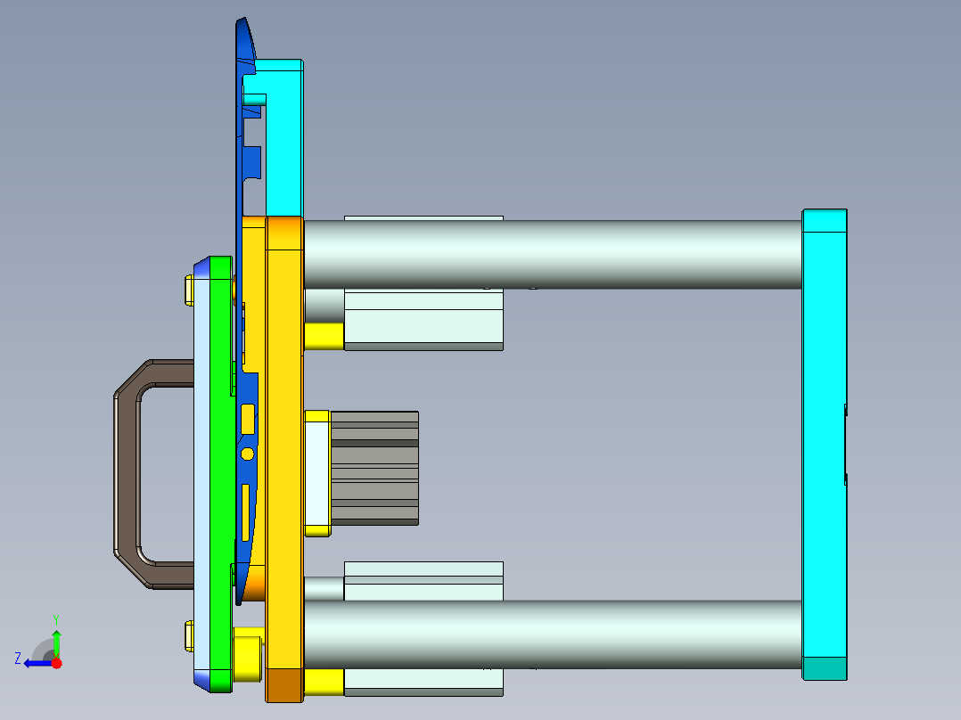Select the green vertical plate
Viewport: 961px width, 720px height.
(x=220, y=472)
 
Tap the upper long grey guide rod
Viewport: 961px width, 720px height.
(x=553, y=253)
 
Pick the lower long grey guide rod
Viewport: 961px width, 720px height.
(x=553, y=634)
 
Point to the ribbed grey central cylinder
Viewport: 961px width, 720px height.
(x=374, y=467)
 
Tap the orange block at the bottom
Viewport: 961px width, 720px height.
(x=284, y=684)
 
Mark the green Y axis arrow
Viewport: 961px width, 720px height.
(x=56, y=641)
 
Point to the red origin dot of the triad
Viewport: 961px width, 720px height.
(x=56, y=663)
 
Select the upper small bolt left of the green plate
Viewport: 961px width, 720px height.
(x=188, y=290)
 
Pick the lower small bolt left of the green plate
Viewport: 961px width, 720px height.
(x=188, y=635)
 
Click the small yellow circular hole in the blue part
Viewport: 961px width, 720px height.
(x=247, y=454)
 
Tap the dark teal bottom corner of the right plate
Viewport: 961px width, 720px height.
(x=824, y=668)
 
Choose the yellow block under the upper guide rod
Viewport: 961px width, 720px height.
(x=324, y=336)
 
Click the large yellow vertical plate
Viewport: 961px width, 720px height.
(x=284, y=446)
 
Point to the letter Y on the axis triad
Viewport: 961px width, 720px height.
(x=56, y=618)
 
